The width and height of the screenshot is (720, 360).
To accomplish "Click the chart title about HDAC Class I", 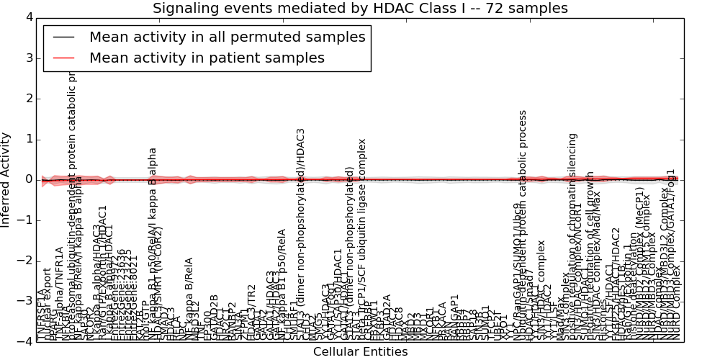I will [360, 9].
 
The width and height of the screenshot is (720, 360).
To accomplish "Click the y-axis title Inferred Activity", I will [6, 179].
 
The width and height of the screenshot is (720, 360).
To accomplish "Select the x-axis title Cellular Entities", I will [360, 352].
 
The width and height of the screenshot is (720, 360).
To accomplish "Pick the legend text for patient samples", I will [207, 58].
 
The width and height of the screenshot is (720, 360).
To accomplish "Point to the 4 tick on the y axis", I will [29, 17].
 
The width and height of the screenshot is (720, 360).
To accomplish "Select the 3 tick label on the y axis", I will [29, 58].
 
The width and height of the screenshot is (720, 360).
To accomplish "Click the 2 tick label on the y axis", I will [29, 98].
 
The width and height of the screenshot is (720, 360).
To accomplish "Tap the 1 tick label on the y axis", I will [29, 139].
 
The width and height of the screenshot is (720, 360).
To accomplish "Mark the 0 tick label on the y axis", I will [29, 179].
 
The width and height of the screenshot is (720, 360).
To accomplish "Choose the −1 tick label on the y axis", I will [26, 220].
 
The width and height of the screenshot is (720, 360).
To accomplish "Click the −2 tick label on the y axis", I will [26, 261].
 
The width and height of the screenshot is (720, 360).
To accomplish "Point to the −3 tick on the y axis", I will [26, 302].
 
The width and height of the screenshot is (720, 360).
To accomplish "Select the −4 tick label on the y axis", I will [26, 342].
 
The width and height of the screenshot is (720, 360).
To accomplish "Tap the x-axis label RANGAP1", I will [454, 317].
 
